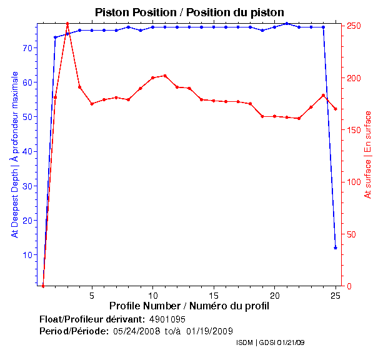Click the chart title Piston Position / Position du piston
tap(189, 12)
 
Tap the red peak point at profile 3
tap(67, 24)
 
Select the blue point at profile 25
tap(336, 247)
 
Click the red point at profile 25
tap(336, 109)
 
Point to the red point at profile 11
tap(165, 76)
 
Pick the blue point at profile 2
tap(55, 37)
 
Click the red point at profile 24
tap(323, 95)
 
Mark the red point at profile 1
tap(43, 286)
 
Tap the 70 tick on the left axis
tap(27, 47)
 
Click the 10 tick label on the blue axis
tap(27, 255)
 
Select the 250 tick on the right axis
tap(353, 26)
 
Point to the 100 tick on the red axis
tap(353, 182)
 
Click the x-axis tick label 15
tap(214, 296)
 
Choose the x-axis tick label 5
tap(92, 296)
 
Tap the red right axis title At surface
tap(368, 155)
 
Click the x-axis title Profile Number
tap(189, 306)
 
